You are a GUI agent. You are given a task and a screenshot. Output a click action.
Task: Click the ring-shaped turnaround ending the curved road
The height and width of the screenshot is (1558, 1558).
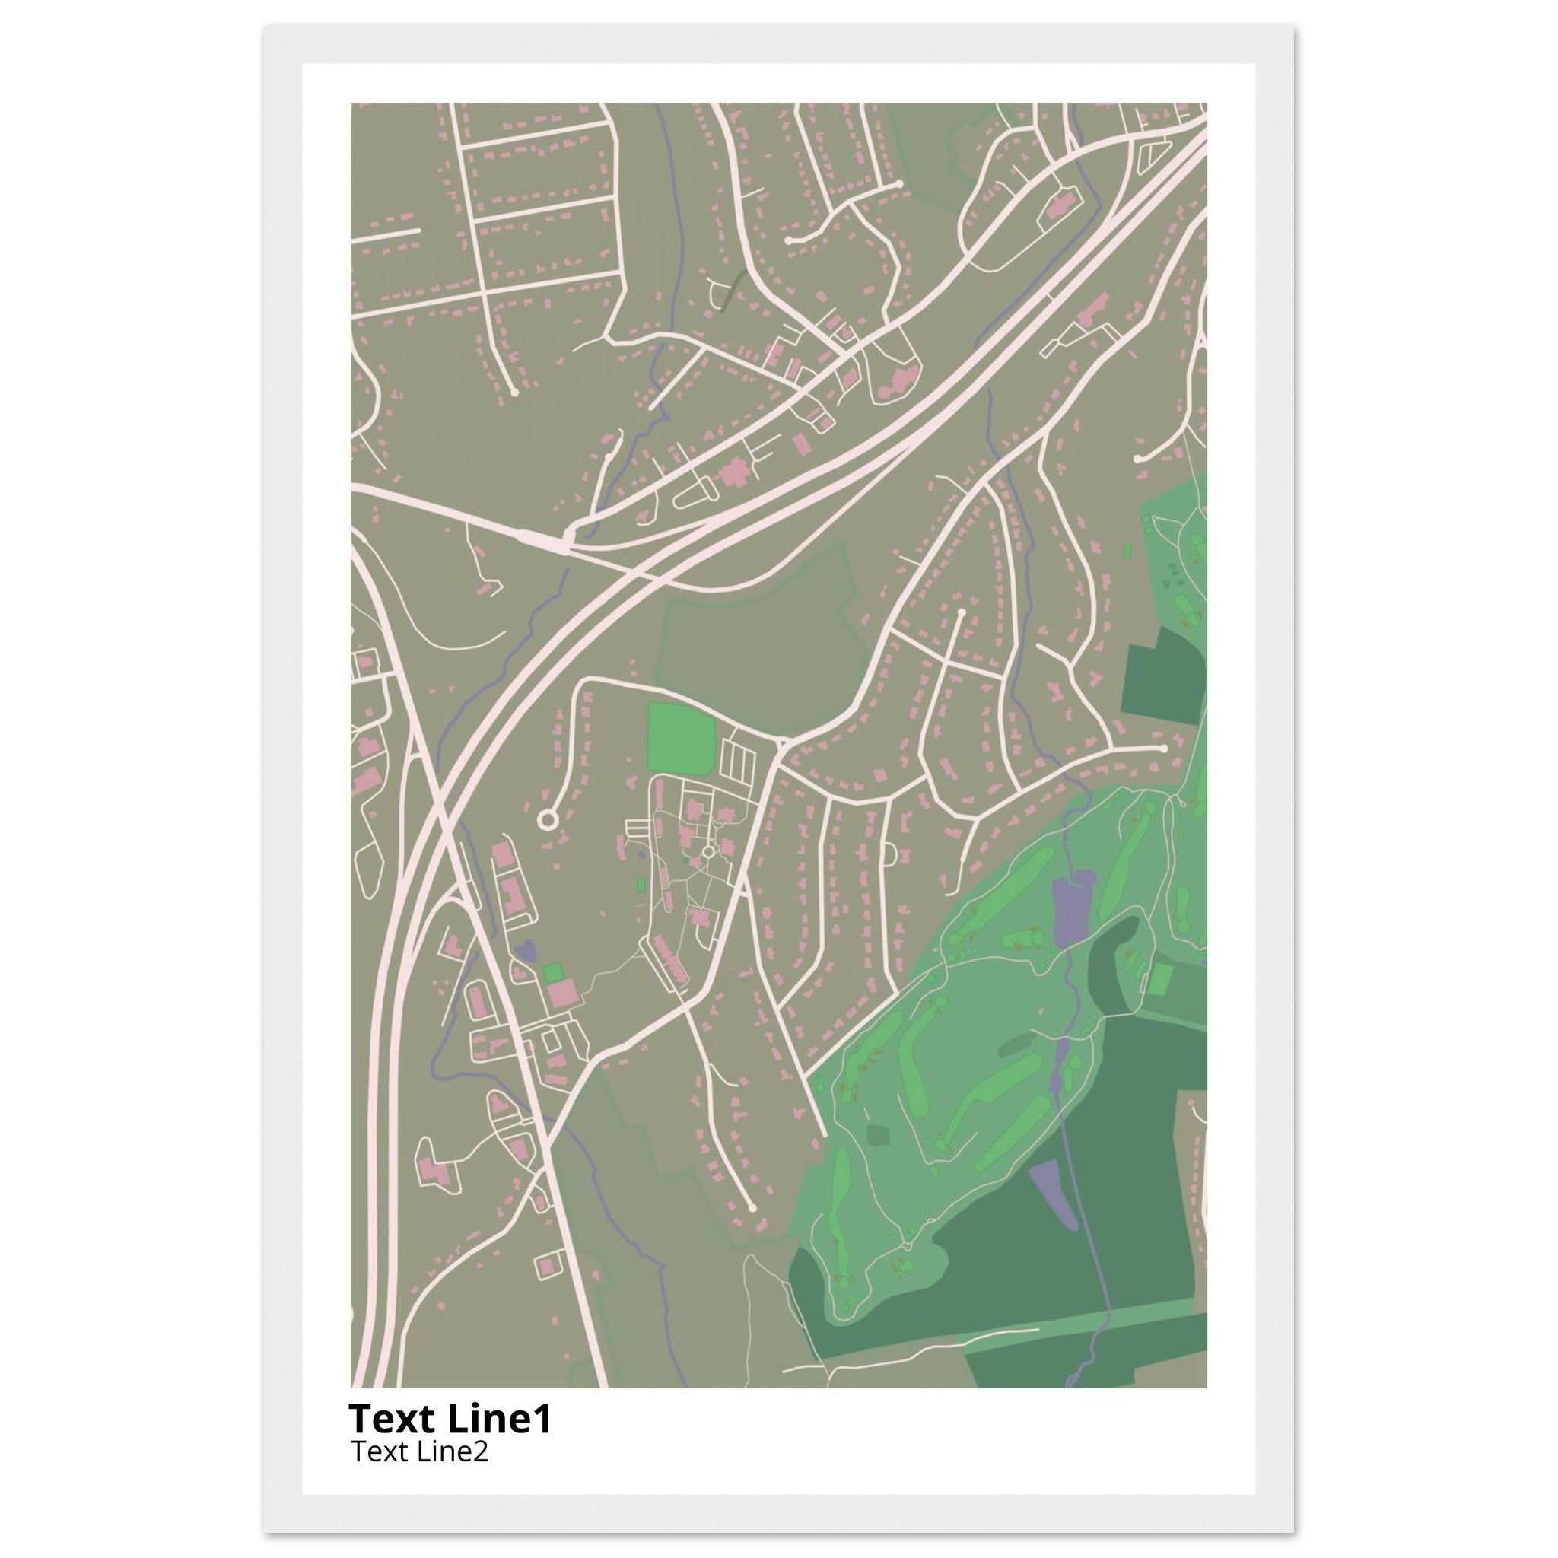[547, 820]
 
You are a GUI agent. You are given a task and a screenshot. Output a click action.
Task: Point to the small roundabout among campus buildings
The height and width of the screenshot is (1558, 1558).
[708, 851]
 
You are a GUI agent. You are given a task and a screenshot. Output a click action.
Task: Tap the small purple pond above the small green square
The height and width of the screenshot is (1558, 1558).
[525, 951]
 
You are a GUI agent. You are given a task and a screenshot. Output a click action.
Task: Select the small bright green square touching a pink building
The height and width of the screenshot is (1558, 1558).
[553, 972]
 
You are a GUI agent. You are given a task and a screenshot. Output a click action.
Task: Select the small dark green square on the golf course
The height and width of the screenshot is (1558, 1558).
[878, 1136]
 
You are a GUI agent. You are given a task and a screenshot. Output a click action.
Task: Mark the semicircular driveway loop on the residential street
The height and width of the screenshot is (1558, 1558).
[891, 854]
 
